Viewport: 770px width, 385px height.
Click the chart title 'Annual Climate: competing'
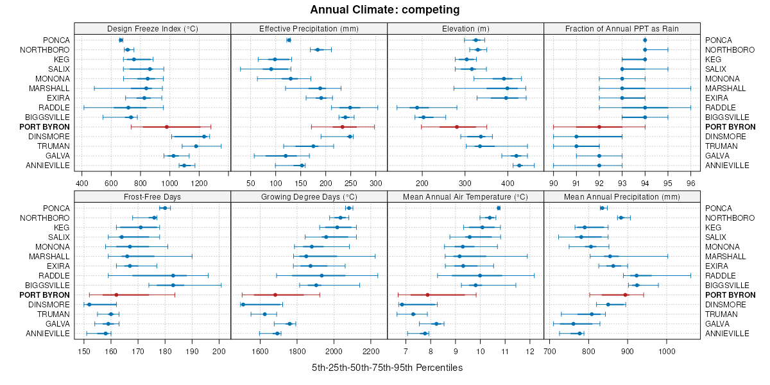click(x=384, y=10)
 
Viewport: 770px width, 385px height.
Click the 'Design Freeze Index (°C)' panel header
click(x=152, y=28)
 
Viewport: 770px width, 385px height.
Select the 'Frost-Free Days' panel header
click(x=152, y=196)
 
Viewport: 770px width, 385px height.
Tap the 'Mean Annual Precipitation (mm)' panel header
click(x=622, y=196)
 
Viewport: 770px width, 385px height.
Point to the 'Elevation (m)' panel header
click(x=465, y=28)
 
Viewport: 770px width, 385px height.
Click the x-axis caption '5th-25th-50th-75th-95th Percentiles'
click(x=387, y=368)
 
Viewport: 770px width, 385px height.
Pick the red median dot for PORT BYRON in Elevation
click(x=457, y=127)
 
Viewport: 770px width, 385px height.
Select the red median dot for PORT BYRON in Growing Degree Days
click(x=275, y=295)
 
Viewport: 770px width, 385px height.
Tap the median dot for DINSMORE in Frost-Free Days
click(x=89, y=305)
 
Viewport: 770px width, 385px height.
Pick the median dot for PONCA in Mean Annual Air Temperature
click(x=499, y=208)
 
